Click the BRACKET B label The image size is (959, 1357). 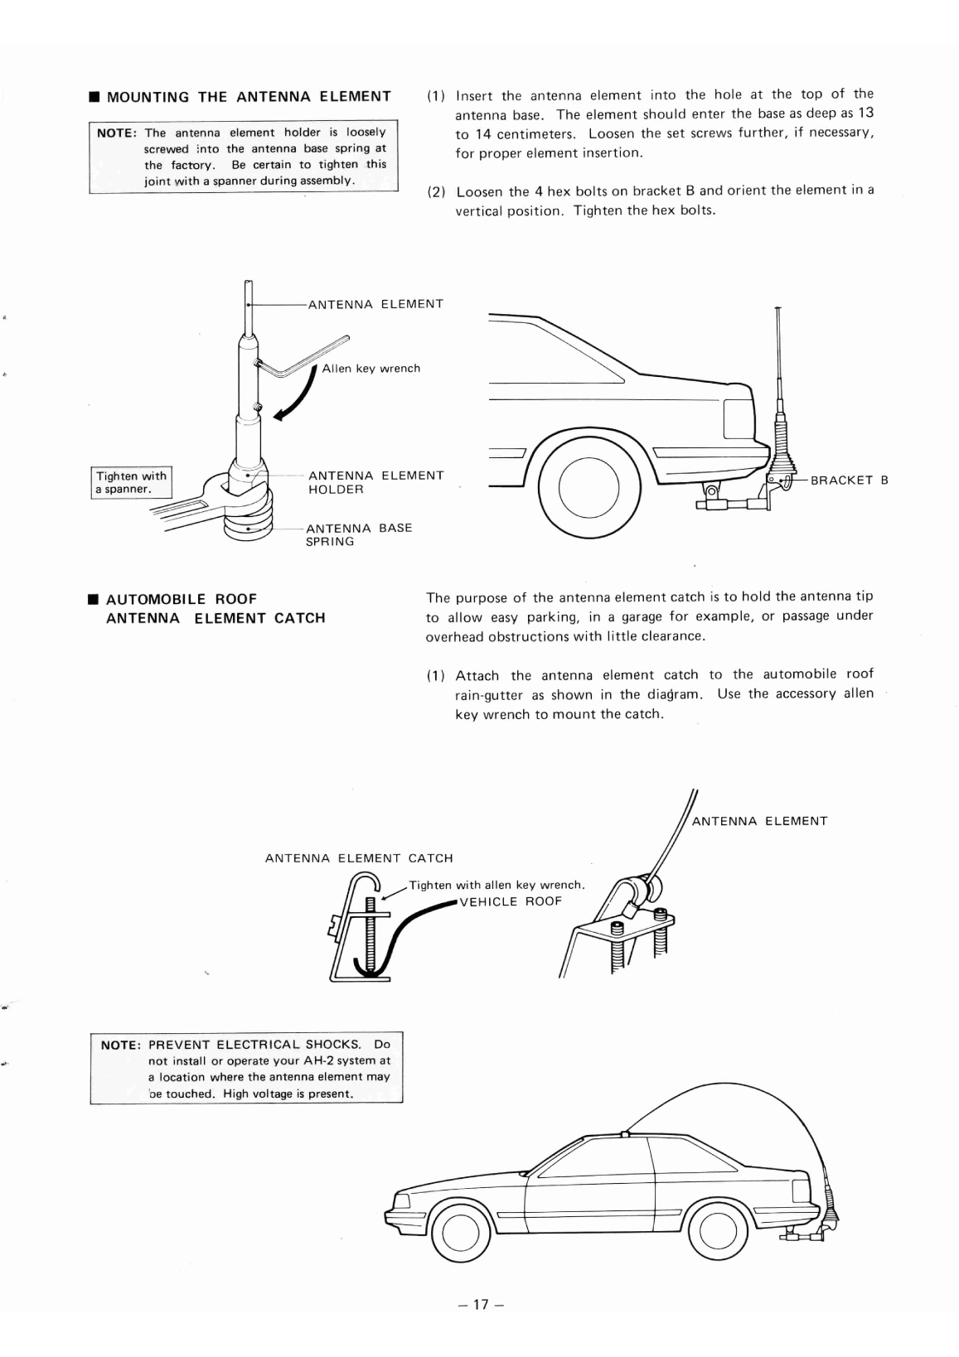(848, 480)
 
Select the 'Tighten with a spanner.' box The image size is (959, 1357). (130, 481)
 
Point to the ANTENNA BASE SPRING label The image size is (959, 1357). (358, 534)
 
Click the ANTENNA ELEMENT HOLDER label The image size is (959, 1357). (375, 482)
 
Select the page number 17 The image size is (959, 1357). (480, 1305)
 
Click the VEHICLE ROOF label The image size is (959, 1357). (510, 901)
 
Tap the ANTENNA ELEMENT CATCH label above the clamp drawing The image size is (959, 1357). (359, 858)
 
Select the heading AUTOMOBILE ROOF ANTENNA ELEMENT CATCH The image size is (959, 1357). (215, 608)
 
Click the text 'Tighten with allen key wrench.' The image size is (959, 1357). (496, 885)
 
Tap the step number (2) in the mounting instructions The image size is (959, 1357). (436, 191)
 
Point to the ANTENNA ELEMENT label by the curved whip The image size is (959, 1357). (759, 821)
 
